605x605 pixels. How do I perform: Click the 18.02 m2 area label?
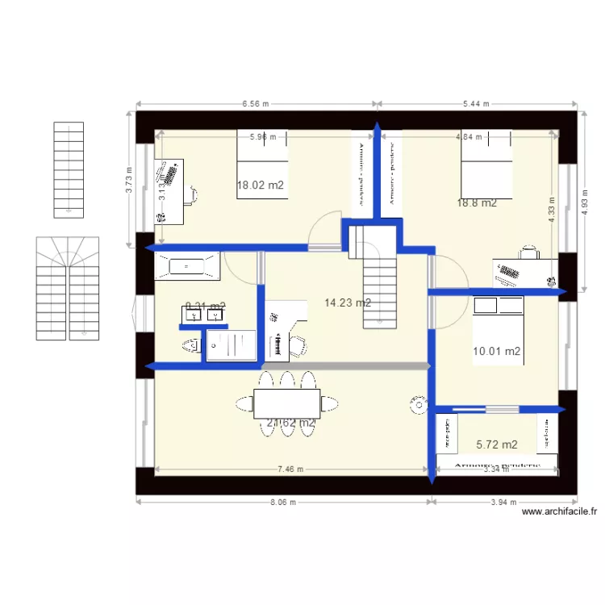(x=261, y=185)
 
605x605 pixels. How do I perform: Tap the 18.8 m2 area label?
(x=477, y=203)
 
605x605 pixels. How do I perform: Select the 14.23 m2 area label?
(x=348, y=303)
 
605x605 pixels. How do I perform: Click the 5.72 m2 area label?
(x=497, y=444)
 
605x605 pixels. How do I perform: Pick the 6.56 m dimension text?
(x=255, y=103)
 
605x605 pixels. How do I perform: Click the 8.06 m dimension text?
(x=282, y=502)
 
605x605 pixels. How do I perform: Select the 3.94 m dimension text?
(x=503, y=502)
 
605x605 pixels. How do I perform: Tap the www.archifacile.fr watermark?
(x=559, y=511)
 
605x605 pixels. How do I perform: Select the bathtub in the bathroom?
(x=186, y=265)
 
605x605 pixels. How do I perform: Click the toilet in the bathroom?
(x=191, y=346)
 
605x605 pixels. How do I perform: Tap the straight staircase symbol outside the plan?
(x=69, y=169)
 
